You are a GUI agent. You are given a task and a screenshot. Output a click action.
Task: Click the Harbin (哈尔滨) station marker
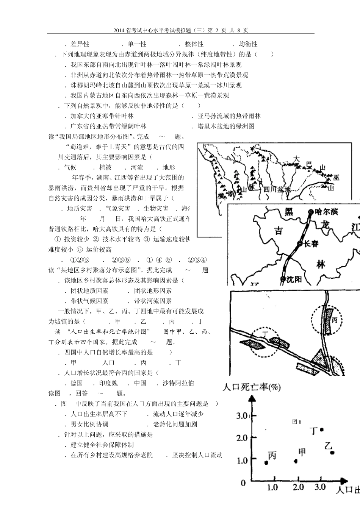click(x=311, y=212)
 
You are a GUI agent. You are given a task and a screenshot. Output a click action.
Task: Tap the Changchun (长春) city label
click(x=311, y=244)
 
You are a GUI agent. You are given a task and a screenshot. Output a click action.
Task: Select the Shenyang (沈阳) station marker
click(x=283, y=279)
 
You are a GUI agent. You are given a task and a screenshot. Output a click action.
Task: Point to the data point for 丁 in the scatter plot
click(x=322, y=429)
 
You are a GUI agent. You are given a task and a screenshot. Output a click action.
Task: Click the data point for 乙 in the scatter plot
click(x=332, y=452)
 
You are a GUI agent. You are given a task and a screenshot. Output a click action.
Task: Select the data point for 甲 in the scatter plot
click(x=296, y=461)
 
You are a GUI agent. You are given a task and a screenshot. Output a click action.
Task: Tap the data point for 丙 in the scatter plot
click(x=266, y=462)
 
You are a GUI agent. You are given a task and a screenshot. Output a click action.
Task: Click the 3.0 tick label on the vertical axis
click(x=242, y=416)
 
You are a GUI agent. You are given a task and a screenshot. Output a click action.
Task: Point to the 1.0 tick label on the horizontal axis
click(x=272, y=487)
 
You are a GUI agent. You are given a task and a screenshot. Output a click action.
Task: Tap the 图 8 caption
click(x=297, y=422)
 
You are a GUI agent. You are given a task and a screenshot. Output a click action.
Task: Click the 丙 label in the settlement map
click(x=334, y=320)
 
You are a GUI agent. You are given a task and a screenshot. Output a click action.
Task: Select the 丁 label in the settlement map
click(x=265, y=334)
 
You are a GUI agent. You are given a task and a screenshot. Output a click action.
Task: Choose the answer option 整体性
click(x=194, y=44)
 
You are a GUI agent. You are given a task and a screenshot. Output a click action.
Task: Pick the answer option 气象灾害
click(x=118, y=209)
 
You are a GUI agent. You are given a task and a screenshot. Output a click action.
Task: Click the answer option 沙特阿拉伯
click(x=178, y=383)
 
